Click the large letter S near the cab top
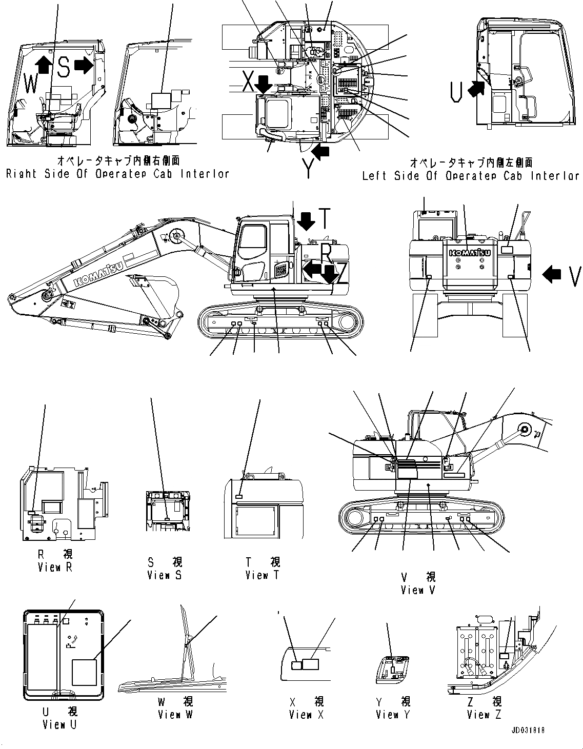tap(63, 67)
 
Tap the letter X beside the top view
tap(248, 80)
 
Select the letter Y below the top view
tap(308, 167)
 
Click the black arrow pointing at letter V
tap(552, 275)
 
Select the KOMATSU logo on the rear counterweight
tap(470, 253)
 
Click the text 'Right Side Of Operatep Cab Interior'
tap(117, 174)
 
